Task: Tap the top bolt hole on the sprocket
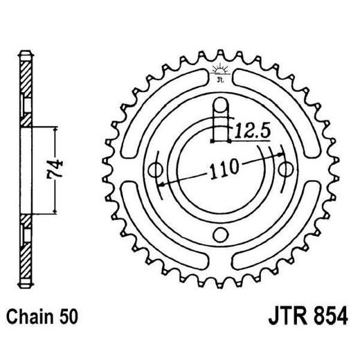(x=220, y=105)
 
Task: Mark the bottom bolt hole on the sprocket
(x=220, y=233)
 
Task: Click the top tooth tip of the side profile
(x=26, y=54)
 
